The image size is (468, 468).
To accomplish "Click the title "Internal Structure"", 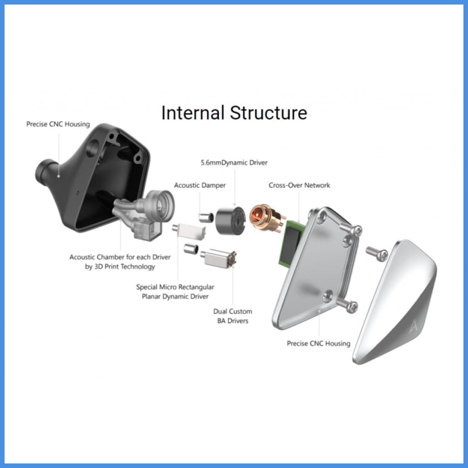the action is click(234, 113).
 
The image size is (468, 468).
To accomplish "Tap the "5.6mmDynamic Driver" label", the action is click(234, 163).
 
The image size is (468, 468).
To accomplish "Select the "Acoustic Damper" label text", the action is click(200, 186).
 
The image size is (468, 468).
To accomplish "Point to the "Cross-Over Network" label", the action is click(299, 186).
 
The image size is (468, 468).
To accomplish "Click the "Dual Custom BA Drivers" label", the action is click(233, 316).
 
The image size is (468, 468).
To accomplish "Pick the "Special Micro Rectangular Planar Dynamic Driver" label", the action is click(175, 292).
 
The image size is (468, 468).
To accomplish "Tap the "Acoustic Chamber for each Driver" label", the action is click(120, 257).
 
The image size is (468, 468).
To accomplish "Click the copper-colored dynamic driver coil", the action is click(267, 218).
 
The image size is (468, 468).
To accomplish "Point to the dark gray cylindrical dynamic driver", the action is click(230, 220).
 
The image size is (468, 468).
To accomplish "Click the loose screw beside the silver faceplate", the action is click(377, 253).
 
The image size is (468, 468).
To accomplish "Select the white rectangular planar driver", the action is click(189, 230).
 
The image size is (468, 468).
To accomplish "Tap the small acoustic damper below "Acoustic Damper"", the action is click(206, 217).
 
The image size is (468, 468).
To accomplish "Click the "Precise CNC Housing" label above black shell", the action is click(58, 124).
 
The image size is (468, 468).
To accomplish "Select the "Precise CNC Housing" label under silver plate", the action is click(319, 344).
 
